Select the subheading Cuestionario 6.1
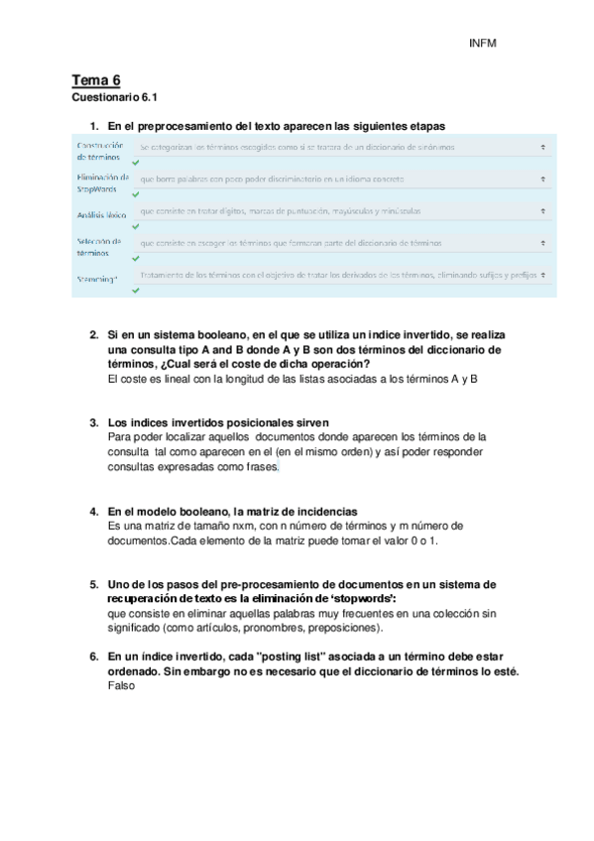(115, 98)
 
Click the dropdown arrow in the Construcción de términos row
(543, 146)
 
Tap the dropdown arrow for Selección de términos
(543, 242)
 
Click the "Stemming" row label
(97, 279)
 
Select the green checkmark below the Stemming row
(136, 290)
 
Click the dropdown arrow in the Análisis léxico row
(543, 210)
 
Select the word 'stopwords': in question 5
(366, 599)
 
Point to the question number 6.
(93, 657)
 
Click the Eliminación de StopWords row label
(102, 182)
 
